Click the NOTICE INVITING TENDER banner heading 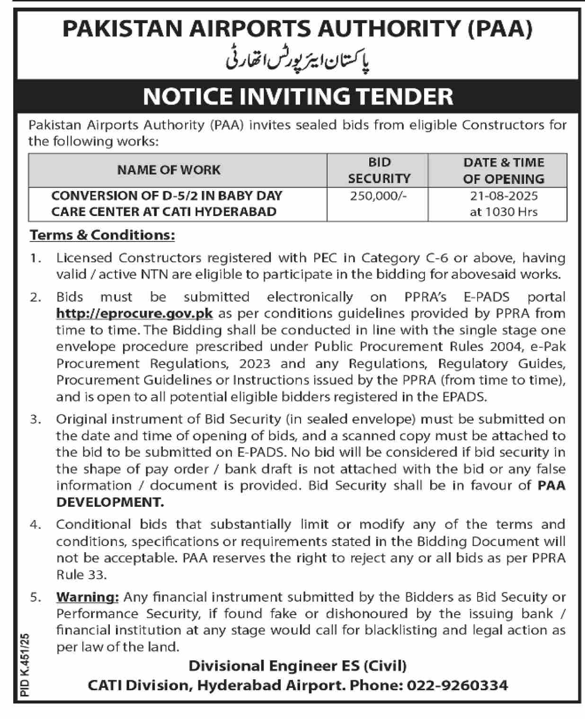[298, 96]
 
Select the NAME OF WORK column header [168, 170]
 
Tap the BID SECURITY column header [379, 170]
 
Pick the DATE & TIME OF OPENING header [504, 170]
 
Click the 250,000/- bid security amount [379, 196]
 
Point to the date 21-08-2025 [504, 196]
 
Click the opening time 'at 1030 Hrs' [504, 211]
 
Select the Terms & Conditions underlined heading [102, 235]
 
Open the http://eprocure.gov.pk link [134, 313]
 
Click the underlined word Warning [87, 597]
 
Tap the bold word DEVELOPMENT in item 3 [110, 502]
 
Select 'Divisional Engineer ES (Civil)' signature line [298, 666]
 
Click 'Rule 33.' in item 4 [81, 575]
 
